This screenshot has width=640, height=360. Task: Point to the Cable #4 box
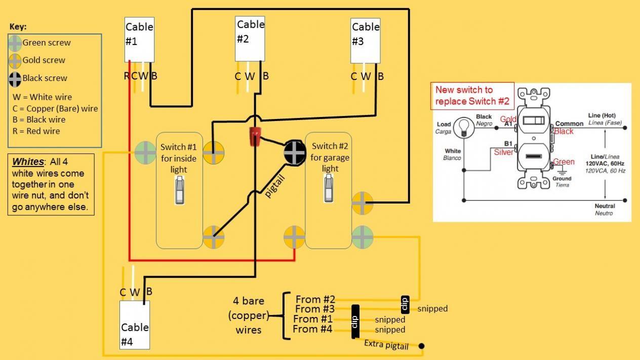(x=135, y=325)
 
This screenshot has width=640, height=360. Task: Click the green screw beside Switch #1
(x=146, y=152)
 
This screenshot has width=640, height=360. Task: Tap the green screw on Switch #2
(x=363, y=236)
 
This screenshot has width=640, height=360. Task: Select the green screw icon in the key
(x=15, y=43)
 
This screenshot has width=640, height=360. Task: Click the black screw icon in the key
(x=15, y=78)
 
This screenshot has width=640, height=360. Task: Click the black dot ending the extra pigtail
(x=421, y=346)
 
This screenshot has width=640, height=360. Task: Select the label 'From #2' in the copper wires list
(x=315, y=299)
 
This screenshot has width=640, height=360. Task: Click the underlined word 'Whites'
(x=28, y=162)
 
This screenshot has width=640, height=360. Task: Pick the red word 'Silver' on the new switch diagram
(x=504, y=152)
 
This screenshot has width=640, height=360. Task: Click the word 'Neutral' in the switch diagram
(x=605, y=206)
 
